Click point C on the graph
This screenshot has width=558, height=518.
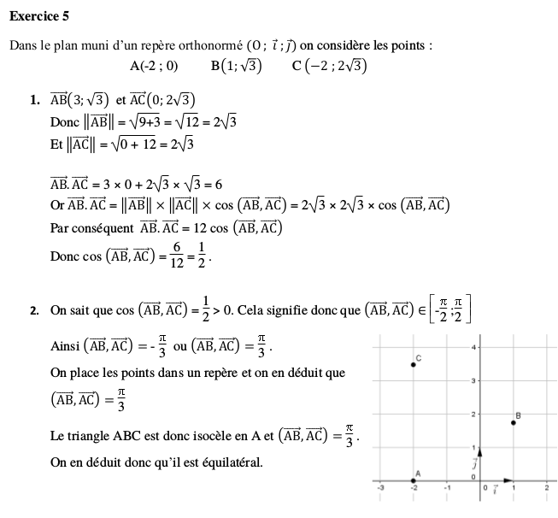coord(414,364)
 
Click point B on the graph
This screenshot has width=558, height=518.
coord(514,422)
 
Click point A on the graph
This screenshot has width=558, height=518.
coord(414,481)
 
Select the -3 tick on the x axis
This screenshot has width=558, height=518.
coord(381,488)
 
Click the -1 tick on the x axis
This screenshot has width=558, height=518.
coord(446,488)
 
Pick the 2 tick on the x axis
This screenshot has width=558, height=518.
coord(546,488)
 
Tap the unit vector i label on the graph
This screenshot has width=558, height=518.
coord(496,488)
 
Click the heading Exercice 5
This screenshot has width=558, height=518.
coord(39,14)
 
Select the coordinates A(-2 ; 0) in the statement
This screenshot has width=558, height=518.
coord(154,65)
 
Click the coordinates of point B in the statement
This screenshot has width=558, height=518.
coord(236,65)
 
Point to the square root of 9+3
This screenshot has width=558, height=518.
coord(146,121)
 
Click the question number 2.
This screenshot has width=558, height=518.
coord(34,311)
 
